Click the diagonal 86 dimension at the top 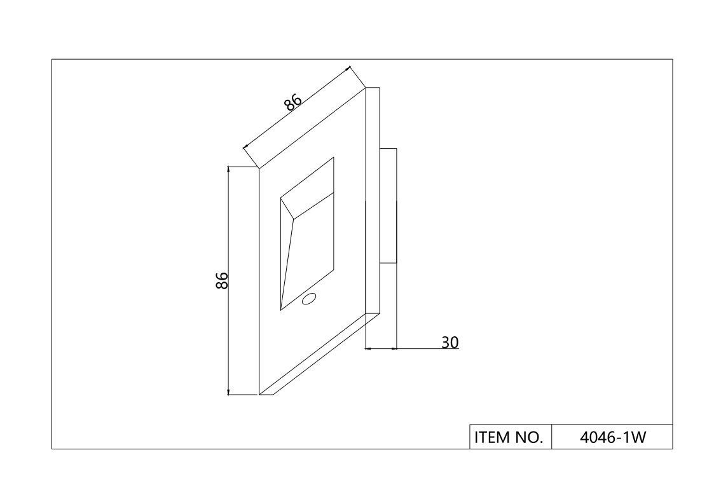(292, 102)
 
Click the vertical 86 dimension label (222, 280)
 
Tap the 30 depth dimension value (450, 343)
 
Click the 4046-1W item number (612, 437)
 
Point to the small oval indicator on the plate (310, 298)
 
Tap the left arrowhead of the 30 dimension (369, 348)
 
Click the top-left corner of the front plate (259, 169)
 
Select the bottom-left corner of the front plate (259, 395)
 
